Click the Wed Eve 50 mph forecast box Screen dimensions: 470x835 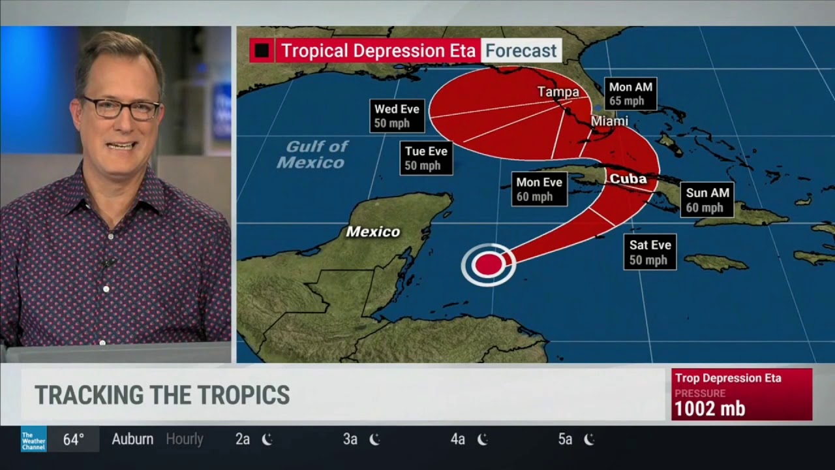(397, 116)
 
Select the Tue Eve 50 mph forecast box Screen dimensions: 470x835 (426, 158)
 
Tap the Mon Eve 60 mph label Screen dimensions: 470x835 (539, 189)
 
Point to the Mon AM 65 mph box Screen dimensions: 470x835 (630, 94)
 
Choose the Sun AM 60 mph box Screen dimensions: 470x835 (707, 200)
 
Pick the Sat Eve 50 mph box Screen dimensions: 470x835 (650, 252)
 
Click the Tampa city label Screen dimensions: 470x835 (558, 92)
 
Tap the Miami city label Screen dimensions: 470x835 (609, 121)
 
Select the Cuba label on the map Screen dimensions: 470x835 (628, 179)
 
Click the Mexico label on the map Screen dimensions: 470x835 (372, 232)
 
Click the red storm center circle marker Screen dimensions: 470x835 (488, 264)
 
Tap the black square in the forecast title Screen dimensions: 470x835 (262, 50)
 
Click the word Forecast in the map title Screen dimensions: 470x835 (521, 50)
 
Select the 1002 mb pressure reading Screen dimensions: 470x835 (709, 409)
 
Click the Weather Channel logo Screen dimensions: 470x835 (33, 439)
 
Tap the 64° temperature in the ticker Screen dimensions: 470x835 (73, 439)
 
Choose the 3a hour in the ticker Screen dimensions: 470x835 (350, 439)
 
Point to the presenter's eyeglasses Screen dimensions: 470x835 (121, 108)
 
